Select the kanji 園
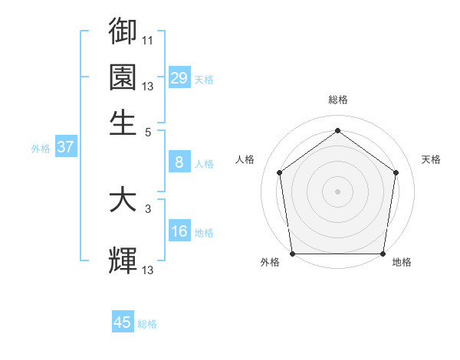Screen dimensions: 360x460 point(123,77)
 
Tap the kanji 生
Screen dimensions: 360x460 point(123,122)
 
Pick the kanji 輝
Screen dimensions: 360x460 point(123,260)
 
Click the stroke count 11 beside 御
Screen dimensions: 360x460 point(148,40)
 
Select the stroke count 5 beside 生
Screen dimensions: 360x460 point(148,131)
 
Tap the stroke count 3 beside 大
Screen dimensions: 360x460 point(148,208)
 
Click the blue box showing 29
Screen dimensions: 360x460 point(179,77)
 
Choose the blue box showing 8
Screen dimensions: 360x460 point(179,162)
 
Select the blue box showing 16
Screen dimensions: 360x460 point(179,231)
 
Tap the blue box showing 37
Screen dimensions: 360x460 point(65,147)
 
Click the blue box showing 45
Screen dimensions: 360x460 point(123,322)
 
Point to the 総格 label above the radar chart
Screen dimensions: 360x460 point(338,100)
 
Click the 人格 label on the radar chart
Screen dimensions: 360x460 point(245,159)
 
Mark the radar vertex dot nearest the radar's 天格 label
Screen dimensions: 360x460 point(396,172)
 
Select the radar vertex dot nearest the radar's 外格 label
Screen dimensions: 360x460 point(292,254)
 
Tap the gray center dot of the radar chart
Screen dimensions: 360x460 point(338,191)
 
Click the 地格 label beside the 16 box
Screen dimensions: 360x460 point(204,233)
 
